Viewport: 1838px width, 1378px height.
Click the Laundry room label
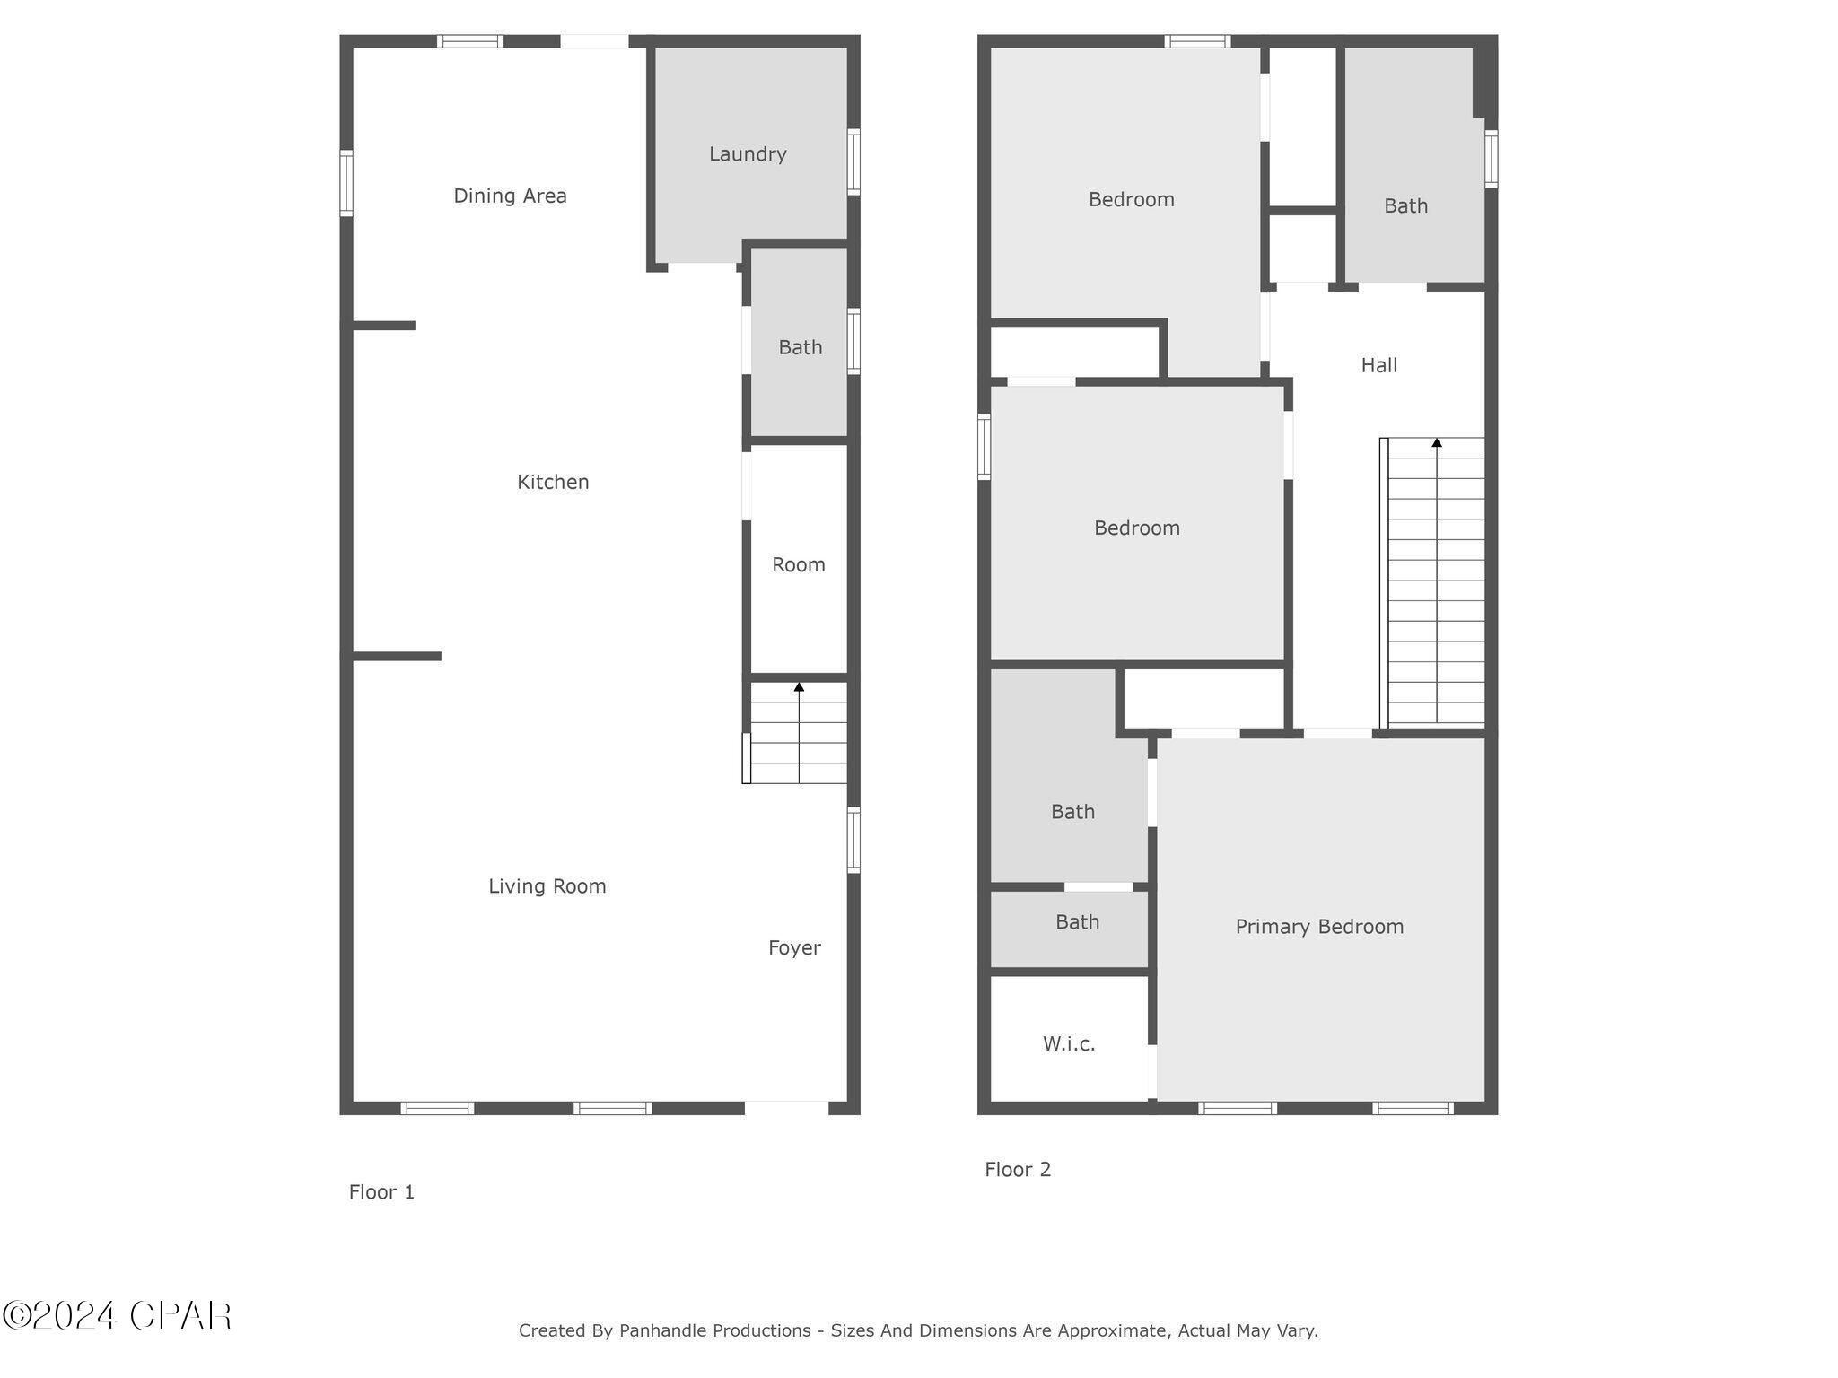click(748, 154)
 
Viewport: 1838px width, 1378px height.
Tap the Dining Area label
click(510, 196)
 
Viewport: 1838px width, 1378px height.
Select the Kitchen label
click(553, 482)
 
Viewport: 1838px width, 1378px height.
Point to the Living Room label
click(547, 886)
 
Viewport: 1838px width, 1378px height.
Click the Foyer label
click(794, 948)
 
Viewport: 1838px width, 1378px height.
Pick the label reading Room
click(799, 565)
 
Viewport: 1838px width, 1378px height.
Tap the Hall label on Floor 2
click(1379, 365)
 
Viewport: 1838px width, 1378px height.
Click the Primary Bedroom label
click(1319, 927)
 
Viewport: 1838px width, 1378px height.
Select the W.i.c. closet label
click(1069, 1043)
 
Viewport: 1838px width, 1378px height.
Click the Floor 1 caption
click(381, 1192)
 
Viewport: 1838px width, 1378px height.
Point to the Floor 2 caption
click(1018, 1170)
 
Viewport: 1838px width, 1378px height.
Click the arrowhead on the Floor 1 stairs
click(799, 687)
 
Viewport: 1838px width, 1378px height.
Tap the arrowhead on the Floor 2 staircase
click(1437, 442)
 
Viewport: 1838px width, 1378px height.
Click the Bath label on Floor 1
click(801, 347)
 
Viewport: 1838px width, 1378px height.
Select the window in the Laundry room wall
click(853, 161)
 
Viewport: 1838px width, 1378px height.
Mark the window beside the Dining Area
click(346, 183)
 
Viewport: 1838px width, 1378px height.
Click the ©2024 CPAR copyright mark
click(117, 1316)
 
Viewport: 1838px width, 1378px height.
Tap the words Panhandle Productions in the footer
click(714, 1330)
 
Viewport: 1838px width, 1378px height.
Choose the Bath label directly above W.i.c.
click(1077, 922)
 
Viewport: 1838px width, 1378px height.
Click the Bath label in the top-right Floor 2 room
click(1405, 206)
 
